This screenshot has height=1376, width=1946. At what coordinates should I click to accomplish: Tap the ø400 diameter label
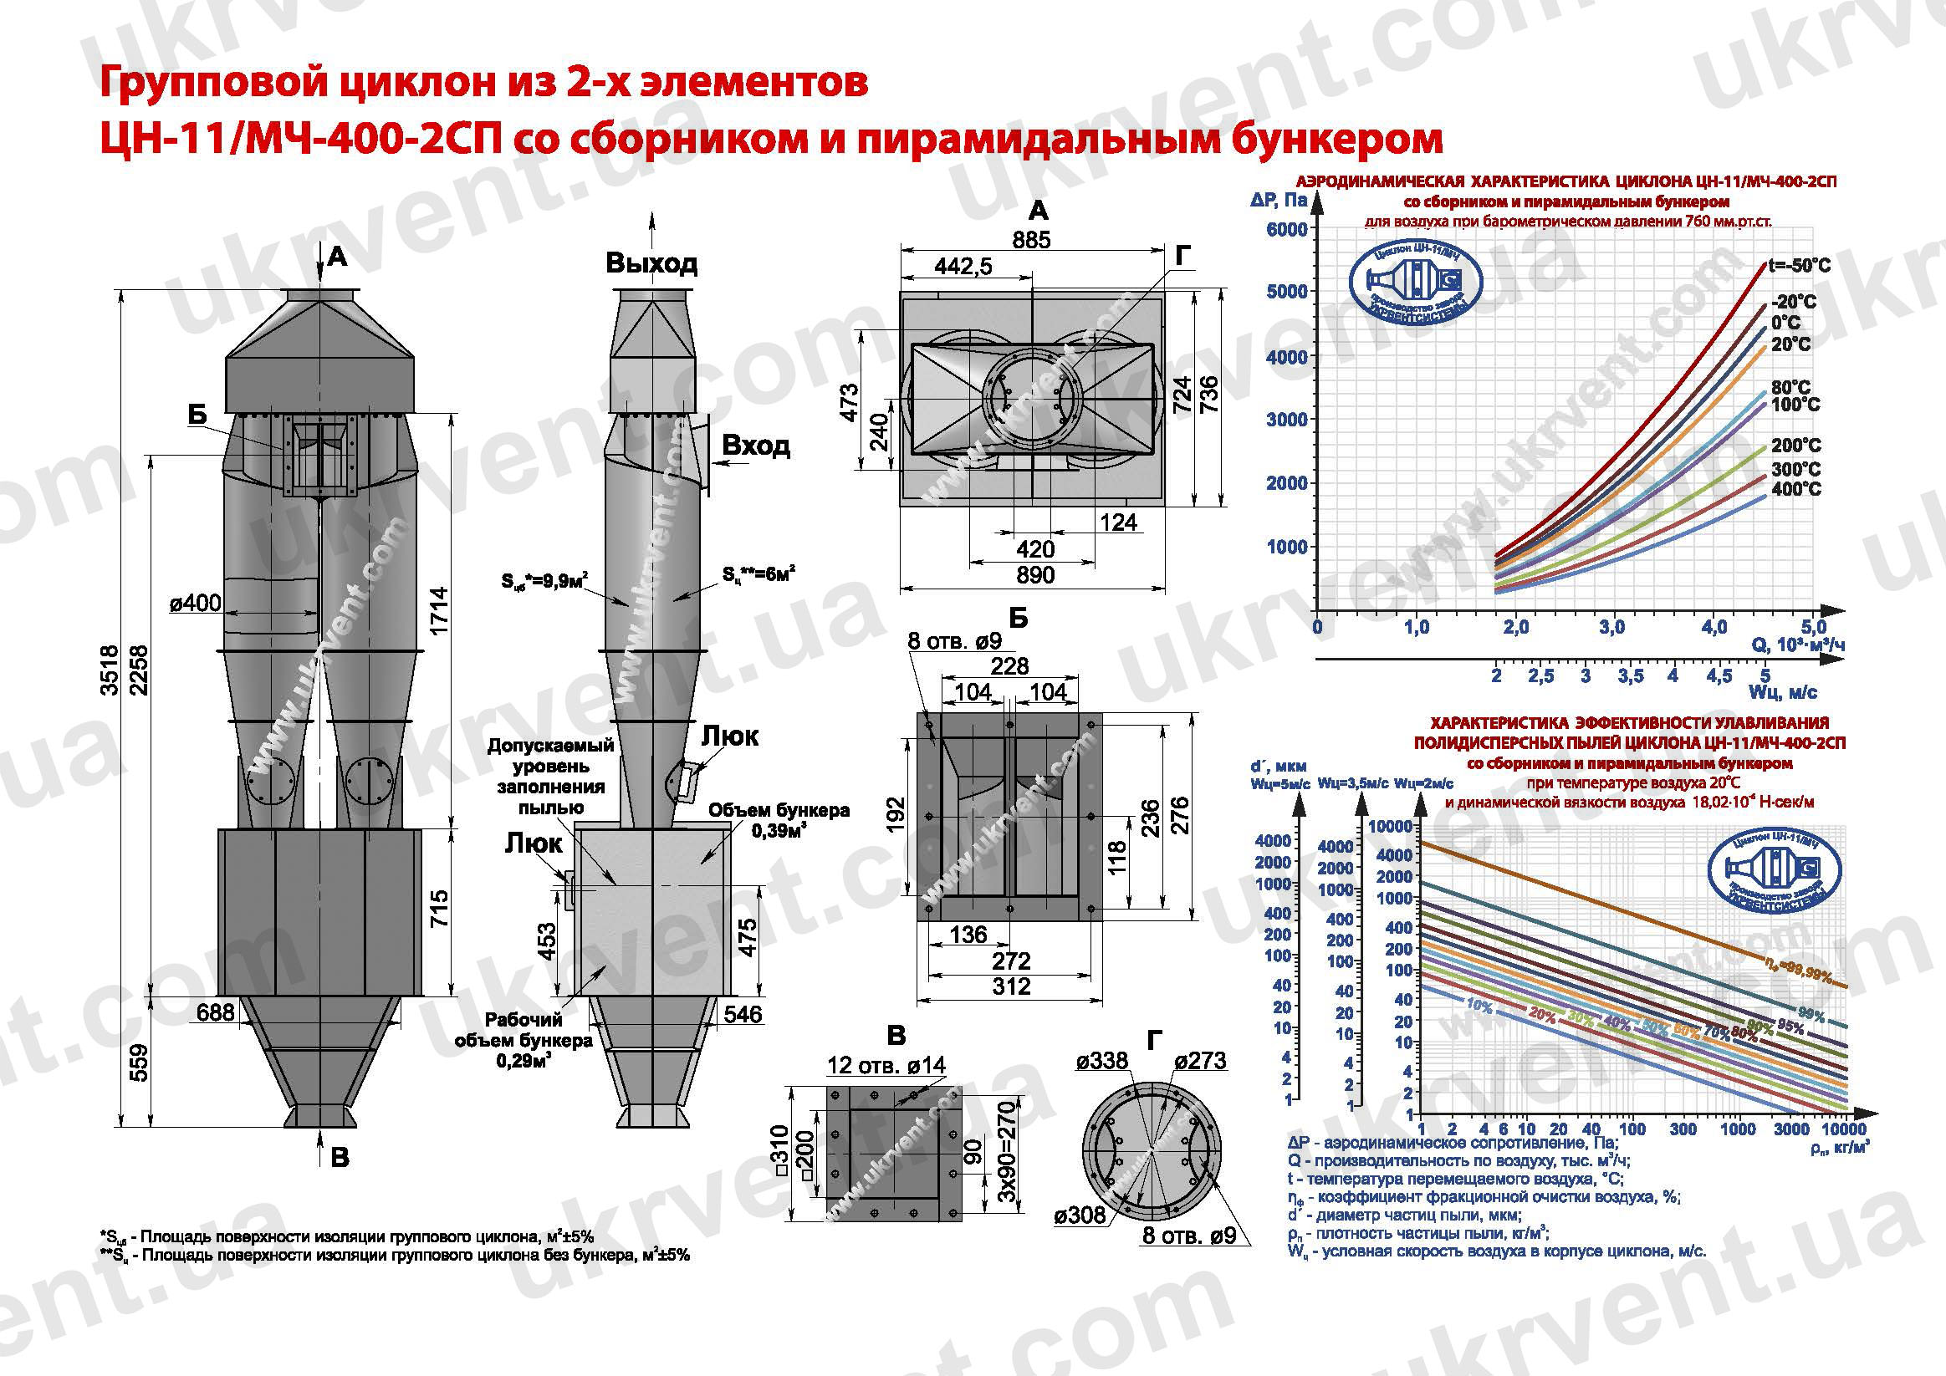point(195,604)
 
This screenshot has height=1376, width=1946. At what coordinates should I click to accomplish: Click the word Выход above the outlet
point(651,263)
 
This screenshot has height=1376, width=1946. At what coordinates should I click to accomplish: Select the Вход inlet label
point(755,446)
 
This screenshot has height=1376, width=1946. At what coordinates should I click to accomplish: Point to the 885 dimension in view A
point(1030,240)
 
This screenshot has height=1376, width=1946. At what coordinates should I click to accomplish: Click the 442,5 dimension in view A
point(963,267)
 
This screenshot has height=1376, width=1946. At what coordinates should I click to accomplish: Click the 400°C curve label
point(1796,489)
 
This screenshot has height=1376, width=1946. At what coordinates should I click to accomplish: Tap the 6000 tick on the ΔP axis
point(1286,230)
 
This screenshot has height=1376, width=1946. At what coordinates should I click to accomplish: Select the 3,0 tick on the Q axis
point(1611,628)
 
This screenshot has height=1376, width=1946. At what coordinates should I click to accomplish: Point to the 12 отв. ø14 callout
point(886,1065)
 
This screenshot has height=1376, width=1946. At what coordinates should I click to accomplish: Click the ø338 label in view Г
point(1101,1061)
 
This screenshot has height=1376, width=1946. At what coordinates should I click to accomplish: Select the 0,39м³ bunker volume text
point(778,831)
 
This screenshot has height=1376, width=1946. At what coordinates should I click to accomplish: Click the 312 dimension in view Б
point(1011,986)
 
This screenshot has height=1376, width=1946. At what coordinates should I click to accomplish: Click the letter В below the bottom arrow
point(340,1159)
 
